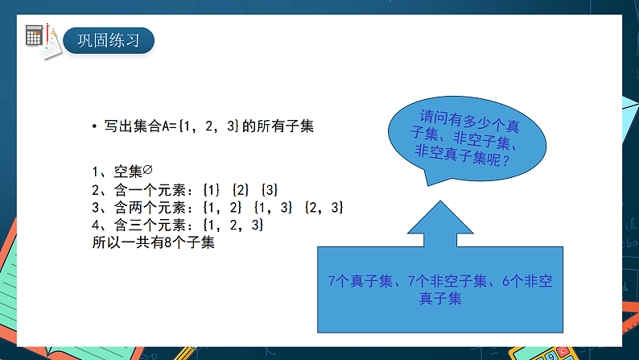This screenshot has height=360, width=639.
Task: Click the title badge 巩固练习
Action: (109, 40)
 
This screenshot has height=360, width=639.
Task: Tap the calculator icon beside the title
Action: (34, 35)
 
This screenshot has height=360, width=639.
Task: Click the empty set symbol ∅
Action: (147, 169)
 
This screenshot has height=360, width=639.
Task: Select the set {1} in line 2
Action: (212, 190)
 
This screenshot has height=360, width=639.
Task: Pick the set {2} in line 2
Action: (241, 190)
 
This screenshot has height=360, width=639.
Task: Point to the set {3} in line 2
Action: (270, 190)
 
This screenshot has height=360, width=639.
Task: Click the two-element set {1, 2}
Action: (222, 208)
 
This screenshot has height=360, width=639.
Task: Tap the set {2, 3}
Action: (324, 208)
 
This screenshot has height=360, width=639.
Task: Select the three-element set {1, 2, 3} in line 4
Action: (233, 225)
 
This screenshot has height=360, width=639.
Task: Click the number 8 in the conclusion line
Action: (167, 242)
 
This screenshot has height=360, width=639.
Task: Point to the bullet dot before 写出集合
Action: (94, 126)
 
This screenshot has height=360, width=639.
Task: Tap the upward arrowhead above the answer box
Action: (440, 218)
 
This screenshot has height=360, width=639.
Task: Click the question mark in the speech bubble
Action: (506, 161)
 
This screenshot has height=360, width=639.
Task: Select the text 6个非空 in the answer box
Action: (527, 281)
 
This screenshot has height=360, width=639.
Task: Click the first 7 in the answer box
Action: (332, 281)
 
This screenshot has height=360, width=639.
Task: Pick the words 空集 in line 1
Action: (129, 172)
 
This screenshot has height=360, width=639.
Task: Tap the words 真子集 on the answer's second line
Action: (440, 299)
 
